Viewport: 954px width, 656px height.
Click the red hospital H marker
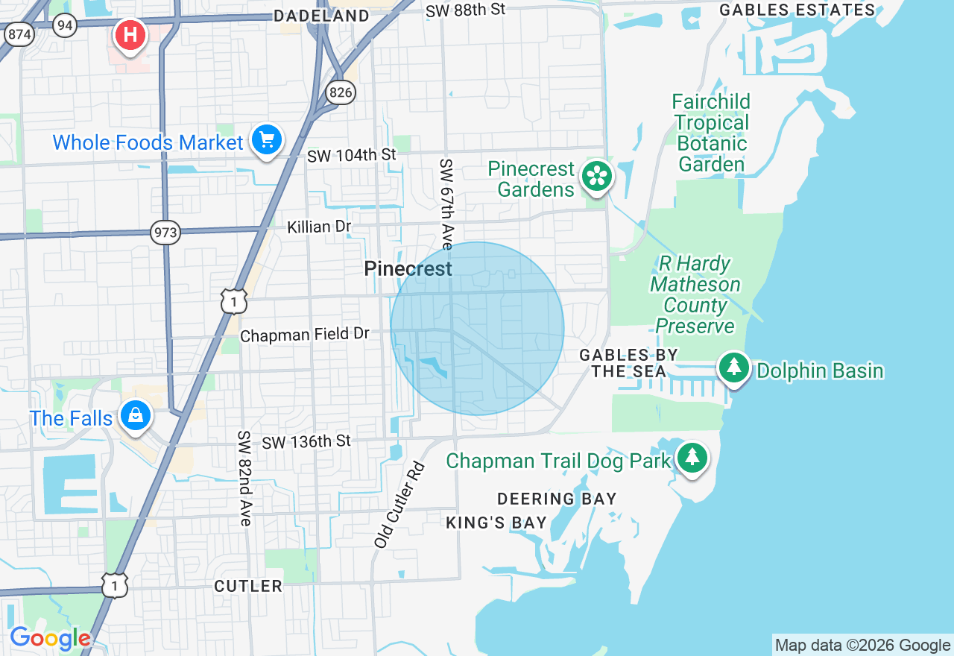click(130, 35)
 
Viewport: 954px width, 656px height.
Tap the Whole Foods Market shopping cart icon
click(266, 139)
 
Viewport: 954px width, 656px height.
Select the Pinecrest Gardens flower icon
click(597, 177)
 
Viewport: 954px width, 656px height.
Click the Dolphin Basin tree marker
click(734, 368)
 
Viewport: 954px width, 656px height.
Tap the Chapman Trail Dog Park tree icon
click(692, 456)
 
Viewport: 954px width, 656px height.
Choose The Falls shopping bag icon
click(136, 414)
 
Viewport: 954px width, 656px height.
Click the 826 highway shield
click(341, 92)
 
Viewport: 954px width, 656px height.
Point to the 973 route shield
click(165, 233)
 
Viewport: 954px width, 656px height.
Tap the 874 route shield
click(19, 34)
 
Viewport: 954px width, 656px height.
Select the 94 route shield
click(66, 26)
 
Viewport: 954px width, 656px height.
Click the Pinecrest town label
click(408, 269)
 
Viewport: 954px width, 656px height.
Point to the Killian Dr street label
click(319, 227)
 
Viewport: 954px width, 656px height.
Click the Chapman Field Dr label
click(305, 335)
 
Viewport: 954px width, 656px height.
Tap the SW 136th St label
click(306, 442)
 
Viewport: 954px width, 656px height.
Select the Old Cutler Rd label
click(399, 505)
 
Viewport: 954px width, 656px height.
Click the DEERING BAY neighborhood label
click(557, 499)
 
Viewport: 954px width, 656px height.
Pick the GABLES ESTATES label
click(797, 10)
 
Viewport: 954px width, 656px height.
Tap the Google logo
click(50, 639)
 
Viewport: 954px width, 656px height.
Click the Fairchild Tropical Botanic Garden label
click(711, 133)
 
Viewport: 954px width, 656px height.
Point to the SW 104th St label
click(352, 156)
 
